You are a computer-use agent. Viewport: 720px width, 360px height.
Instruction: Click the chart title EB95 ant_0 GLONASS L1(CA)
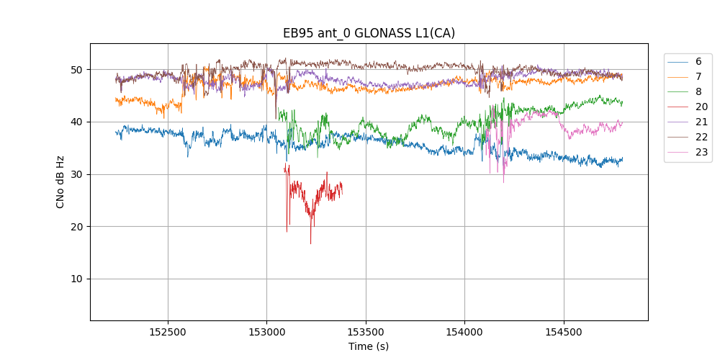369,33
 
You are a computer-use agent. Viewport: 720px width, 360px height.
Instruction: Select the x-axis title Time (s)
369,346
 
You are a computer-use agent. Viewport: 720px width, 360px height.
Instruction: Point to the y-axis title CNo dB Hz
60,182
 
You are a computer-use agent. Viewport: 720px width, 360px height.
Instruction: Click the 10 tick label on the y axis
76,279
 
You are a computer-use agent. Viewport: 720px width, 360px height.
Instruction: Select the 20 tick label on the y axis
76,227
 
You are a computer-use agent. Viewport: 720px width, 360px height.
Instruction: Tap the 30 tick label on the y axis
76,174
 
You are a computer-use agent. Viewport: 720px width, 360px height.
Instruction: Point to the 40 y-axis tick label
76,122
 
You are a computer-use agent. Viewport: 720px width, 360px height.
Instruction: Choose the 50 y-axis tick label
76,70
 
